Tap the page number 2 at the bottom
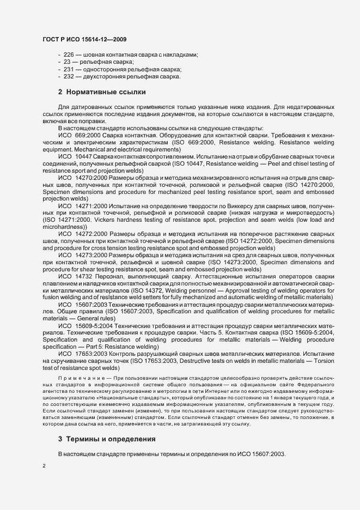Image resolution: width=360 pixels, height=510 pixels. coord(44,465)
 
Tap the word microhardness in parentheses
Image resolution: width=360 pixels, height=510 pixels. coord(61,226)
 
